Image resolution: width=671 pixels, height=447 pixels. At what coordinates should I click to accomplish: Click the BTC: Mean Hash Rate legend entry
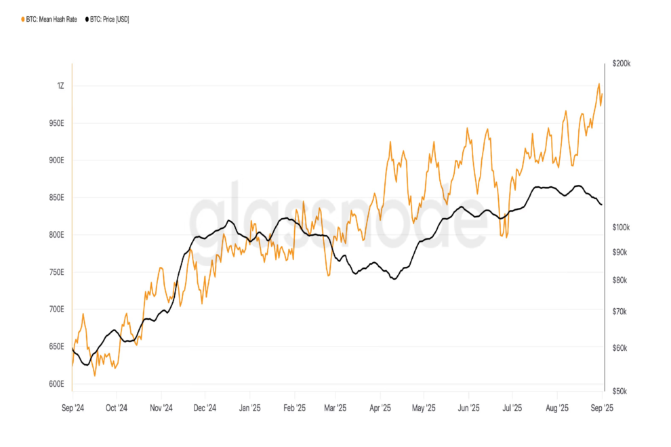click(51, 20)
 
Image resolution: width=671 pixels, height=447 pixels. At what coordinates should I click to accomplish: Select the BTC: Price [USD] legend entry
click(109, 20)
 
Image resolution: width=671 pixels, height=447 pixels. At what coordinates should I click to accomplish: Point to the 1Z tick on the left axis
click(60, 86)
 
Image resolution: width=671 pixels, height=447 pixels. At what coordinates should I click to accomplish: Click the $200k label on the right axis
click(621, 64)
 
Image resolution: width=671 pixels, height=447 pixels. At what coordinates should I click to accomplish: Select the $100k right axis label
click(621, 228)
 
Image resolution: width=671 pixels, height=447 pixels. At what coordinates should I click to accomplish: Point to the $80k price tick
click(619, 280)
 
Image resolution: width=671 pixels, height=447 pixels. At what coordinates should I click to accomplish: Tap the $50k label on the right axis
click(619, 391)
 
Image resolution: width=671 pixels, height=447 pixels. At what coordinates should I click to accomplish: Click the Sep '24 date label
click(72, 408)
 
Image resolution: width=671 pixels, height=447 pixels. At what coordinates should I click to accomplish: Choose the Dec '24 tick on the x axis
click(204, 408)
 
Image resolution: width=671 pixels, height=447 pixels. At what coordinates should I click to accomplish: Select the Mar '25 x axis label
click(335, 408)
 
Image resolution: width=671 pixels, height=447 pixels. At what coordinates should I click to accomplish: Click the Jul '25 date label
click(512, 408)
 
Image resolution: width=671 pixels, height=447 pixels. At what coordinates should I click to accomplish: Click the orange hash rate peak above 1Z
click(598, 84)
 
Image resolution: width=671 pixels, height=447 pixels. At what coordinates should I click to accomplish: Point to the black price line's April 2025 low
click(393, 278)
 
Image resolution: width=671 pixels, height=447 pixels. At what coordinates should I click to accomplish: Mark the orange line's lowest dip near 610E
click(94, 375)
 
